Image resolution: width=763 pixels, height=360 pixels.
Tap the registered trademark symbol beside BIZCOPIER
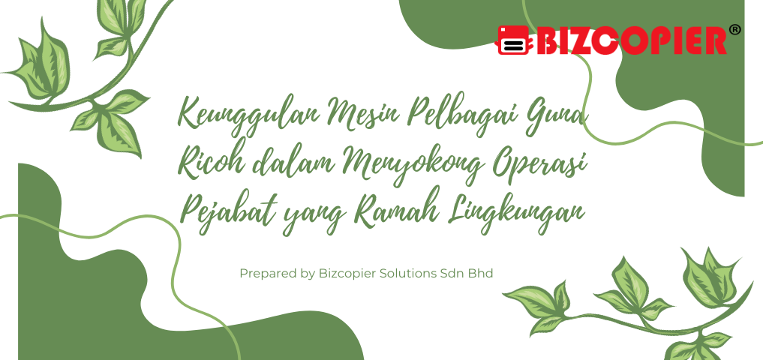coord(735,30)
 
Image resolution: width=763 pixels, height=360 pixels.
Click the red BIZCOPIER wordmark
coord(631,40)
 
